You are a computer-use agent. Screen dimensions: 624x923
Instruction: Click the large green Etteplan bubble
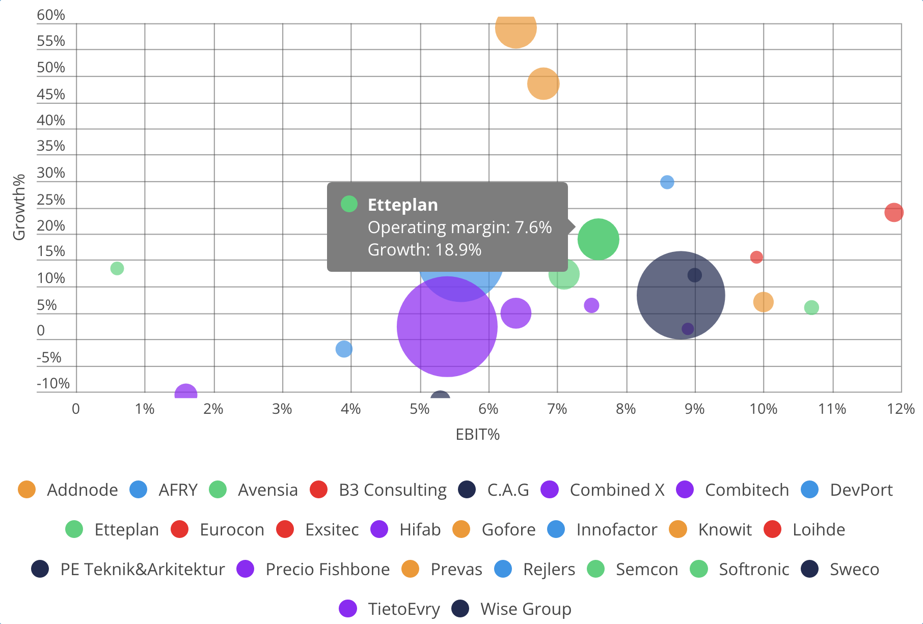[598, 239]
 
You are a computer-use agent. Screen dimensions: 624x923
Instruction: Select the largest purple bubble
[447, 326]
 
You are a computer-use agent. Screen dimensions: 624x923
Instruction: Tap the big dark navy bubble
[681, 295]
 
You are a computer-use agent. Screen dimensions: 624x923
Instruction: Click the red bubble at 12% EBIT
[893, 212]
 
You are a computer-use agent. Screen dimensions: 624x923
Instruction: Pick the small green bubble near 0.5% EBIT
[117, 268]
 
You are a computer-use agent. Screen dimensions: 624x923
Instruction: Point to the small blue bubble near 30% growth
[667, 182]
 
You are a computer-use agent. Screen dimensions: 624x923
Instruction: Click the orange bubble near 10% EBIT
[763, 302]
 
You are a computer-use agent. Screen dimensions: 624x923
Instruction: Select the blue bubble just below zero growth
[344, 349]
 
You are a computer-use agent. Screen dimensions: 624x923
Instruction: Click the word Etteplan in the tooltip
[402, 205]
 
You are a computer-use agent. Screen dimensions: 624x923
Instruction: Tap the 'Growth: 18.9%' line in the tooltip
[424, 249]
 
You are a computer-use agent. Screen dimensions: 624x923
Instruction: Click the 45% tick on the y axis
[51, 94]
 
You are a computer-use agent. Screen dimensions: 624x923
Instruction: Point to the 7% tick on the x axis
[557, 409]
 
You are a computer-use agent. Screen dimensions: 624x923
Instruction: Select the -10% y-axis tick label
[53, 383]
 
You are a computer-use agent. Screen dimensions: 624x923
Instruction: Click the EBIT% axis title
[477, 434]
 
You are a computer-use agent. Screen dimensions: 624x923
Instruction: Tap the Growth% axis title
[19, 207]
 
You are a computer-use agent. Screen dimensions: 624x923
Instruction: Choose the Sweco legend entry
[854, 569]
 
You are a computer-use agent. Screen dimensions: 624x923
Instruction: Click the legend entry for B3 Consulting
[392, 490]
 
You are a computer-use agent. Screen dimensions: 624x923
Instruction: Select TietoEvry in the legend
[403, 609]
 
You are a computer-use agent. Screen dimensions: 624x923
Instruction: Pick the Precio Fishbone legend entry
[327, 569]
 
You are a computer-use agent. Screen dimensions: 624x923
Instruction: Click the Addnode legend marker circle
[26, 490]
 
